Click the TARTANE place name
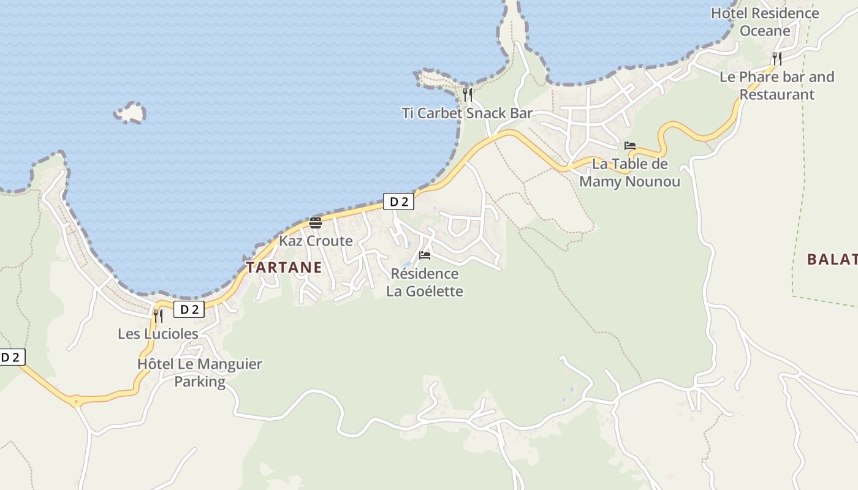tap(284, 267)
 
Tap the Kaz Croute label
tap(316, 241)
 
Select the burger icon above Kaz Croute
tap(316, 222)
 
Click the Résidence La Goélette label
tap(424, 282)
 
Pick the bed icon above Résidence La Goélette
tap(425, 255)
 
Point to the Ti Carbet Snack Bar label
tap(467, 113)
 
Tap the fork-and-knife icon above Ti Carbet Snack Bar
tap(467, 95)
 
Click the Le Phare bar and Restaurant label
tap(776, 86)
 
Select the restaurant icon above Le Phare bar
tap(776, 59)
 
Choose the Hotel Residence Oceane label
tap(765, 21)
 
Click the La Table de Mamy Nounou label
tap(629, 173)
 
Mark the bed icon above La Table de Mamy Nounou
tap(630, 146)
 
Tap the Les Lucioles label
tap(158, 334)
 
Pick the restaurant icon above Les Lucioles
tap(158, 315)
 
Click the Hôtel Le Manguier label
tap(200, 364)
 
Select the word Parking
tap(200, 382)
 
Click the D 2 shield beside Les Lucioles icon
tap(189, 309)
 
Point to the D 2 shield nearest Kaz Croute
tap(398, 202)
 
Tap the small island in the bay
tap(130, 113)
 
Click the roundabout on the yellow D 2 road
tap(75, 402)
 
